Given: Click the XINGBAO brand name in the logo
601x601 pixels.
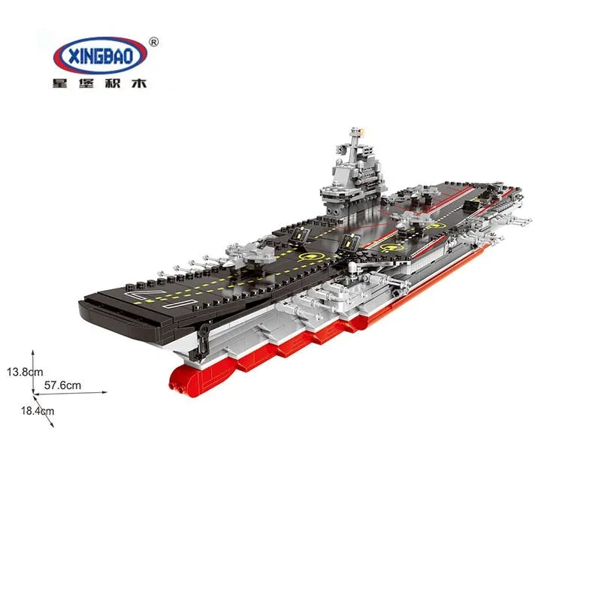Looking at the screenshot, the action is point(101,56).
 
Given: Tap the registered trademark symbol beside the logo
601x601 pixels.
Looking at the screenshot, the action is point(153,42).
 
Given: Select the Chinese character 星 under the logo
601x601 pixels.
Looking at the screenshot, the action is point(60,83).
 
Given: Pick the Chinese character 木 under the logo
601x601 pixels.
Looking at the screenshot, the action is point(139,83).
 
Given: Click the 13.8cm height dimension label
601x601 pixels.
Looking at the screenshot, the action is point(25,372).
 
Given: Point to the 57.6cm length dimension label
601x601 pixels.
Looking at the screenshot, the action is point(62,385).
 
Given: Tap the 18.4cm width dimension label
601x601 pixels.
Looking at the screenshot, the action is point(38,411).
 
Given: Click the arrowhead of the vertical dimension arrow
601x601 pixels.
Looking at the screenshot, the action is point(33,352).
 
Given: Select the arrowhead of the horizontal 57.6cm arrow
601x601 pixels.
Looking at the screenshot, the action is point(104,392).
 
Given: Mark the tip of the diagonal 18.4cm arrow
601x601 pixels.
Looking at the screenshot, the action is point(53,427).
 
